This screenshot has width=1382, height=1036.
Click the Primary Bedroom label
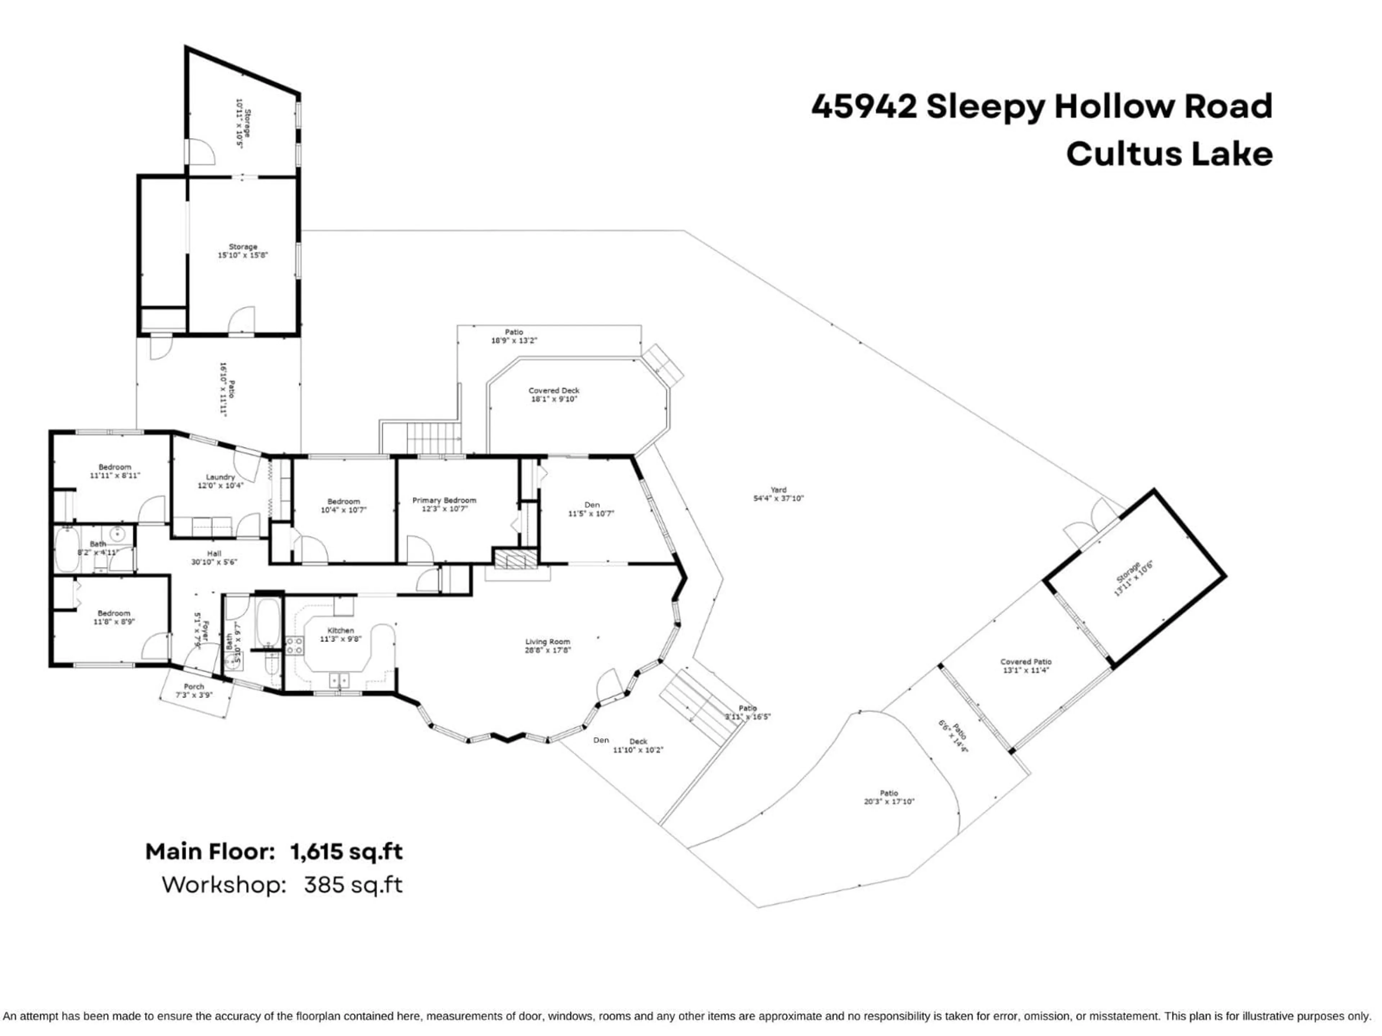(x=444, y=501)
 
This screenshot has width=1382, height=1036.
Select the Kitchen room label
(x=340, y=631)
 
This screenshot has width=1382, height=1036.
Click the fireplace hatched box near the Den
(x=515, y=559)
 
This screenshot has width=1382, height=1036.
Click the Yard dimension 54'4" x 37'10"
(x=778, y=498)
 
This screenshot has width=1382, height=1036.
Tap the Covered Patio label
(x=1025, y=662)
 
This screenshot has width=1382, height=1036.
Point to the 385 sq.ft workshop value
(x=353, y=886)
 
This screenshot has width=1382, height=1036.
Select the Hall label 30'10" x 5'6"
(x=214, y=553)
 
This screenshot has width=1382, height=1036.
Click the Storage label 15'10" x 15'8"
(x=243, y=247)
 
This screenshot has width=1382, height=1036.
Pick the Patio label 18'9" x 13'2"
(x=514, y=332)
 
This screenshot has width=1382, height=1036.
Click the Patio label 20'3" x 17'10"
(x=889, y=793)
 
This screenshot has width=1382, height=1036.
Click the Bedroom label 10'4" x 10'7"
(x=344, y=501)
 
